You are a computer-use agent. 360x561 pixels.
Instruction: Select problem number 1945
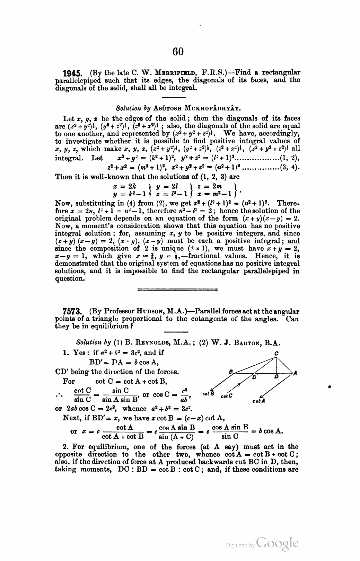[72, 73]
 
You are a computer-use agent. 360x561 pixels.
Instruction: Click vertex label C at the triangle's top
[276, 354]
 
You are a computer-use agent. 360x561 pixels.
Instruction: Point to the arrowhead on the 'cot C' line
[238, 385]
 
